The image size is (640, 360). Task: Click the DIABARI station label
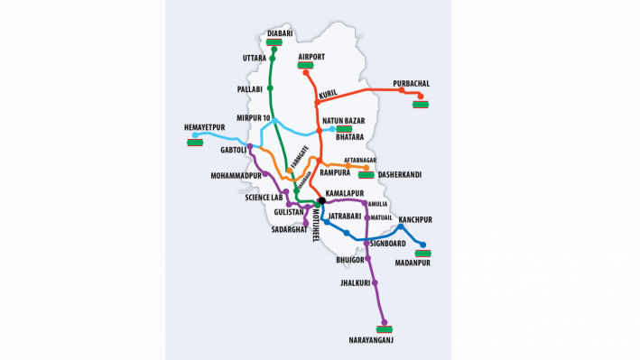(x=281, y=33)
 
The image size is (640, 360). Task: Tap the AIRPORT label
(x=311, y=57)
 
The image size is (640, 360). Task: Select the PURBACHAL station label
(x=411, y=84)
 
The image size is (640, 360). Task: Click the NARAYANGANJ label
(x=371, y=339)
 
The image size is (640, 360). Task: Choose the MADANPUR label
(x=413, y=263)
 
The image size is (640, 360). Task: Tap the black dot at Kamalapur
(x=320, y=201)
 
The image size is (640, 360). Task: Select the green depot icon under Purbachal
(x=420, y=104)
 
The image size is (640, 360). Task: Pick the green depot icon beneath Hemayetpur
(x=195, y=141)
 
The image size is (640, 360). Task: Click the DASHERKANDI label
(x=401, y=174)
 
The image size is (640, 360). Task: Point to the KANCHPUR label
(x=415, y=219)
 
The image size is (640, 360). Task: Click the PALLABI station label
(x=249, y=89)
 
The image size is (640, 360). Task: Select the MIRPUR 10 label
(x=253, y=118)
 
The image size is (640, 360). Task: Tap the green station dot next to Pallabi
(x=272, y=88)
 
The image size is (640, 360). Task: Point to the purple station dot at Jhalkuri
(x=376, y=282)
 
